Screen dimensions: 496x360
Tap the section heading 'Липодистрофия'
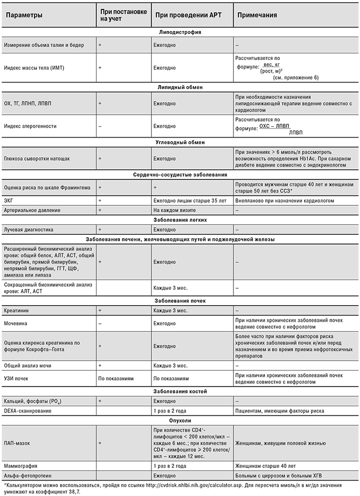(x=180, y=32)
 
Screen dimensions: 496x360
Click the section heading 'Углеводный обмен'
(x=180, y=142)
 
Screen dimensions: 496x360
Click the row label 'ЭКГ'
(x=8, y=201)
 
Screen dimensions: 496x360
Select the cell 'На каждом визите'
(x=173, y=210)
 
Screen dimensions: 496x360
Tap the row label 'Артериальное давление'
(x=31, y=210)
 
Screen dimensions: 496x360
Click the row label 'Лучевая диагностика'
(x=29, y=229)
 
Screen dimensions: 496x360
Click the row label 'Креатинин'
(x=16, y=310)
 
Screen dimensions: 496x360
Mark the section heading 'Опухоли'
(x=180, y=420)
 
